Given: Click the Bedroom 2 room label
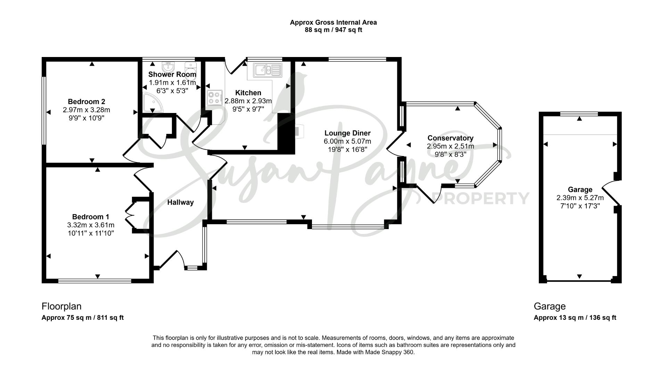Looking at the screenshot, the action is (87, 102).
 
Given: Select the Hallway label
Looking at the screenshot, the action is (180, 202).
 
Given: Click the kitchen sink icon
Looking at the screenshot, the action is (267, 70).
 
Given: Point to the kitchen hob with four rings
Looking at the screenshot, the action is (215, 97).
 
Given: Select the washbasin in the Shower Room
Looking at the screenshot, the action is (168, 65).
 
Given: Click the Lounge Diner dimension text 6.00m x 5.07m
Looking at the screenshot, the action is (347, 141).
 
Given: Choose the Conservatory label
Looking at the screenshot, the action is (450, 138).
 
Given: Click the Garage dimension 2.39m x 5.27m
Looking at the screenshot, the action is (580, 198).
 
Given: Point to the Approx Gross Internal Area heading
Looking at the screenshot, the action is (333, 22).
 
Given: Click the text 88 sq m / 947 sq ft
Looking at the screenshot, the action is (333, 30).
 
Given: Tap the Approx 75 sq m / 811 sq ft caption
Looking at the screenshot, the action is (83, 317).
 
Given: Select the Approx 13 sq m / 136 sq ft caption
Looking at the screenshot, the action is (575, 317).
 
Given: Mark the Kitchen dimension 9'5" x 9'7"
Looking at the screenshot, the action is (248, 109).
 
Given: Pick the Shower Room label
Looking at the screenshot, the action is (172, 74).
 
